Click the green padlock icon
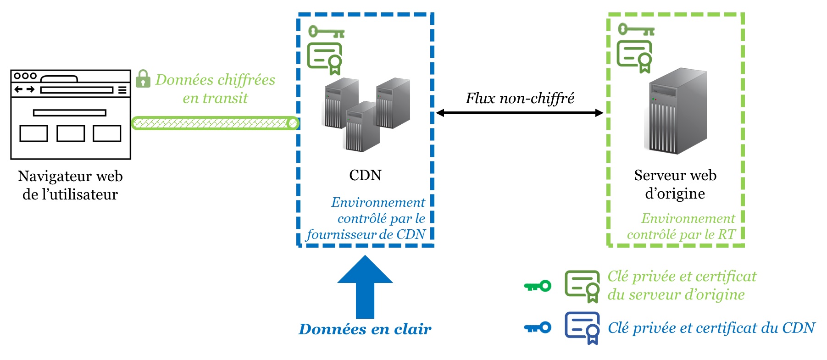143,79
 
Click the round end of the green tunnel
292,123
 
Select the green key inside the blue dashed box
326,32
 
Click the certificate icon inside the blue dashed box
325,58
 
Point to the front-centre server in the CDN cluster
362,127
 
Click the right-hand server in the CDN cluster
393,103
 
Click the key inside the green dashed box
636,30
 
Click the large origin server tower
677,111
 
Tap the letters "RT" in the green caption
727,235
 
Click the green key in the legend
538,286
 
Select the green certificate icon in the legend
582,286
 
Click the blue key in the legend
538,327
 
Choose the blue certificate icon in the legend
582,327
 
